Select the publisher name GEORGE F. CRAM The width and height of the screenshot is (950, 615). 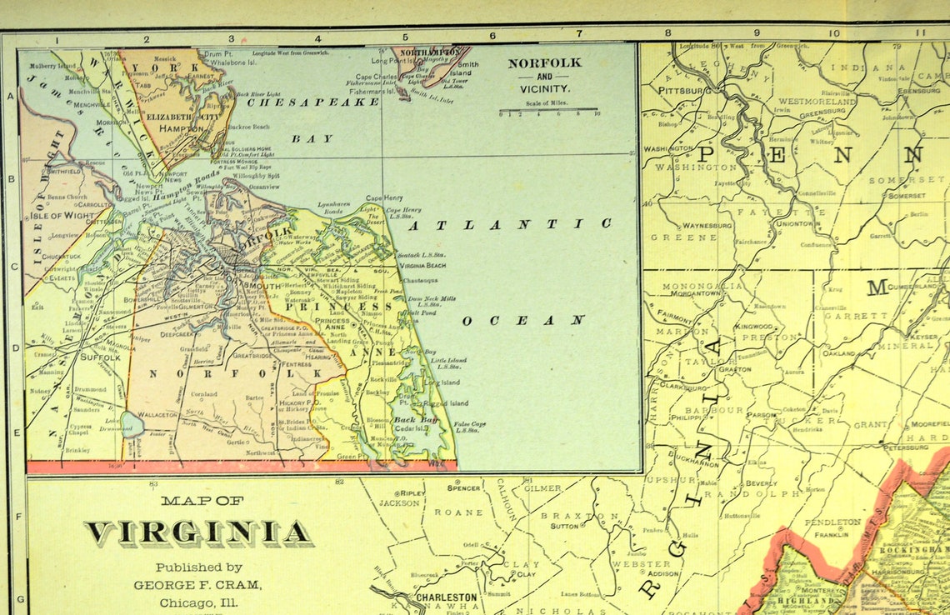(x=197, y=585)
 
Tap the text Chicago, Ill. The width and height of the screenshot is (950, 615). (x=198, y=602)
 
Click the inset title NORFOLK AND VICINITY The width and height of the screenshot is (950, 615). (x=545, y=75)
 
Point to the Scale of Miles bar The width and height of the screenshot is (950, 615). (x=547, y=109)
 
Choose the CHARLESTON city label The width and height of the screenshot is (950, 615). (x=447, y=597)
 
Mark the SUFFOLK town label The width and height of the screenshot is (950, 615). (x=98, y=357)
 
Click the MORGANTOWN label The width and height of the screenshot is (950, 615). (x=691, y=293)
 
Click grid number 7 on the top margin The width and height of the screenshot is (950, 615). (x=578, y=35)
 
